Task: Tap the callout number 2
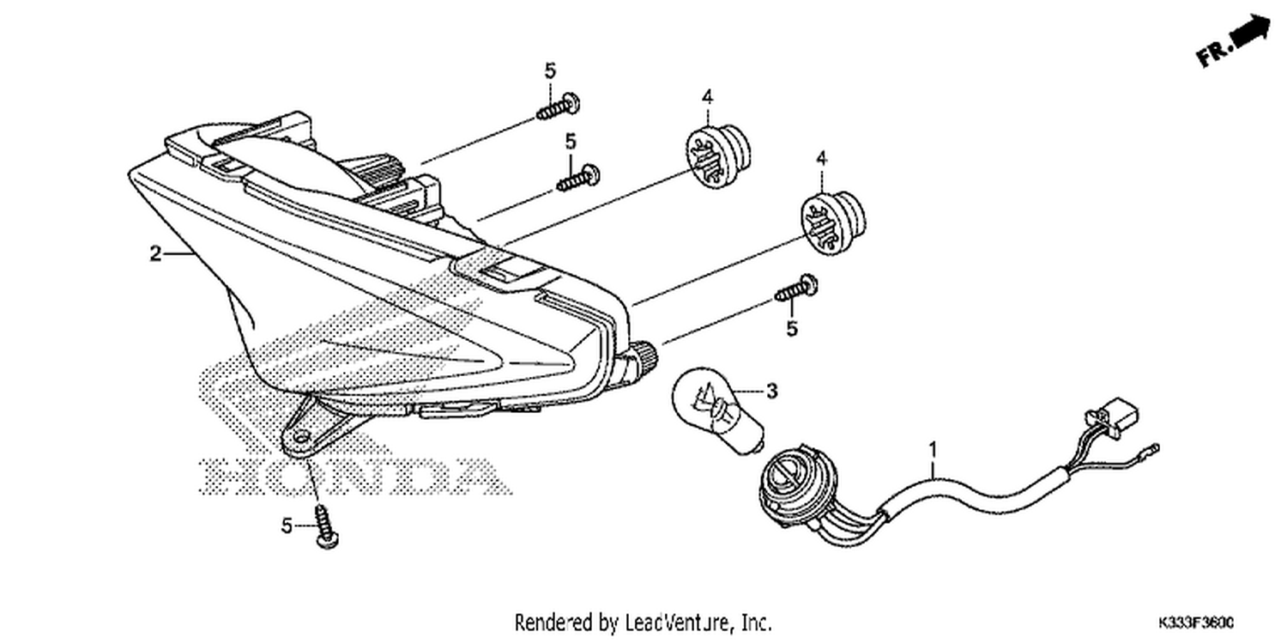pyautogui.click(x=155, y=253)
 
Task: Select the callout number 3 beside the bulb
pyautogui.click(x=772, y=391)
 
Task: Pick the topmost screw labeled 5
pyautogui.click(x=559, y=107)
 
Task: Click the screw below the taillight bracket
pyautogui.click(x=325, y=526)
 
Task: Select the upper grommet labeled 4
pyautogui.click(x=718, y=157)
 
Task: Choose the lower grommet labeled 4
pyautogui.click(x=833, y=223)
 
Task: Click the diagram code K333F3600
pyautogui.click(x=1196, y=623)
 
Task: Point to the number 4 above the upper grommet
pyautogui.click(x=707, y=96)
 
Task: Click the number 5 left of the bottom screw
pyautogui.click(x=287, y=526)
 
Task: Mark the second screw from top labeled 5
pyautogui.click(x=578, y=179)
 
